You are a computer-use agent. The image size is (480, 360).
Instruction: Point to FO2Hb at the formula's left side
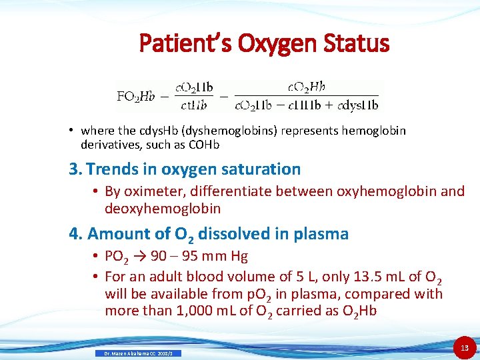coord(135,96)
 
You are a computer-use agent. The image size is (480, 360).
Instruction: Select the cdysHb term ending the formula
coord(359,105)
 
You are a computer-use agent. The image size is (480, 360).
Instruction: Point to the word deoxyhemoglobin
coord(162,208)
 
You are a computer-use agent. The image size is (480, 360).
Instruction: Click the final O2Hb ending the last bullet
coord(361,310)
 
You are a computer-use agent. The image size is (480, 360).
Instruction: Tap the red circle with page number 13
coord(464,347)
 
